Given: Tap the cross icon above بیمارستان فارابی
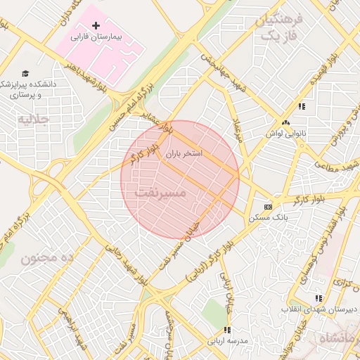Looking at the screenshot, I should tap(96, 25).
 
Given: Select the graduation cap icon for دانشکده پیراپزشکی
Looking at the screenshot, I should tap(26, 73).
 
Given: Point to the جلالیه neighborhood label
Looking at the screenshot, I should tap(33, 120).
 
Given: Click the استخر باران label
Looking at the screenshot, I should tap(184, 153).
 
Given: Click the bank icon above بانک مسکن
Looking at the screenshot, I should tap(267, 207).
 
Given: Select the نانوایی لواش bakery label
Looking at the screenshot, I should tap(283, 132).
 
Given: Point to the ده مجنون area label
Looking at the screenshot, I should tap(47, 258).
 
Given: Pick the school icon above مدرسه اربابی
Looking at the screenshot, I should tap(226, 330).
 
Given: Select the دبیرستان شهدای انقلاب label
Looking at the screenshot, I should tap(320, 309).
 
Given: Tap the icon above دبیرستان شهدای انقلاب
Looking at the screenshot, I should tap(319, 298).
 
